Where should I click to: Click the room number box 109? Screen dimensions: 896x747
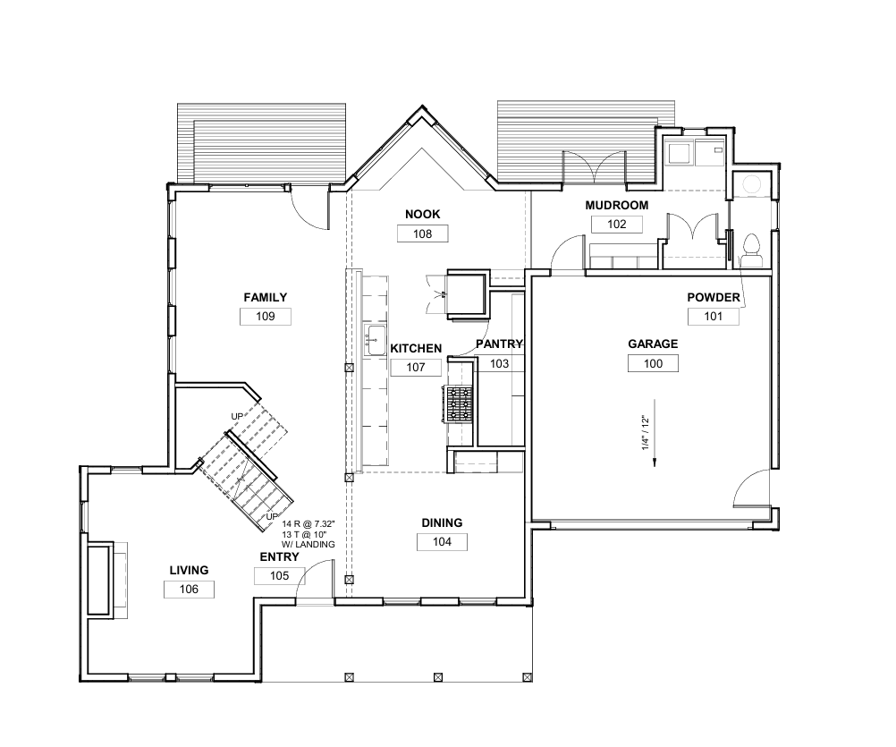coord(266,317)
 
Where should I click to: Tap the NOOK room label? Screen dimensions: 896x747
coord(422,215)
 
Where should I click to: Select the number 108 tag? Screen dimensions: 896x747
coord(422,233)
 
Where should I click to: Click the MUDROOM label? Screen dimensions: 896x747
coord(617,205)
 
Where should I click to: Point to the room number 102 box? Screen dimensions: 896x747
coord(617,224)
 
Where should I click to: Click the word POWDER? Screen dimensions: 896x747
coord(714,297)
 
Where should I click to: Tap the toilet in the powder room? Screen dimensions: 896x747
coord(751,250)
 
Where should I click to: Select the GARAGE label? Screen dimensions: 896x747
coord(653,344)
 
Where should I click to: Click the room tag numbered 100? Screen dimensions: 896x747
coord(653,363)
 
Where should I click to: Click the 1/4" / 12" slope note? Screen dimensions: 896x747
coord(646,433)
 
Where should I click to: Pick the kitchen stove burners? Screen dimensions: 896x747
coord(459,404)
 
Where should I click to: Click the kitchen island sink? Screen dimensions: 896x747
coord(376,340)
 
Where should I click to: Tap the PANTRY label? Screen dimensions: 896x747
coord(499,344)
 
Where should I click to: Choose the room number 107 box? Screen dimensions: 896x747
coord(416,368)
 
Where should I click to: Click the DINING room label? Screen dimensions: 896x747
coord(442,523)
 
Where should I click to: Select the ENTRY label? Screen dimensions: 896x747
coord(279,557)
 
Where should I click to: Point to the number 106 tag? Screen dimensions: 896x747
coord(190,590)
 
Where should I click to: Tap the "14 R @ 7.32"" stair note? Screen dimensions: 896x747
coord(308,523)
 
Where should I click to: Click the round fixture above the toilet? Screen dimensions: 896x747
coord(751,184)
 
